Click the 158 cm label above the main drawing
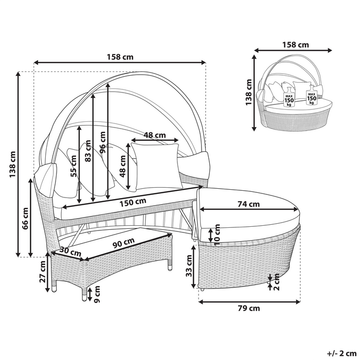pos(119,58)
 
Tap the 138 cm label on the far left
pos(13,164)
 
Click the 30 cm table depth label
pos(70,252)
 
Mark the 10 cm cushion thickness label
pos(217,234)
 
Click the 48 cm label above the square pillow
pos(154,135)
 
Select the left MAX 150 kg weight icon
pos(289,98)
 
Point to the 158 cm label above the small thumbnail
pos(296,44)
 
